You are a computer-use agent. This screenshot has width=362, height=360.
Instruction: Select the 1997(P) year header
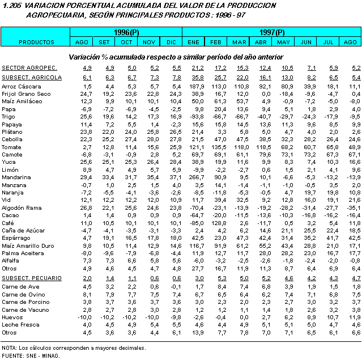tap(272, 33)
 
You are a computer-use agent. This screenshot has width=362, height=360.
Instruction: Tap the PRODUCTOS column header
tap(36, 43)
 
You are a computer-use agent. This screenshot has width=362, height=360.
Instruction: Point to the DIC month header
tap(171, 43)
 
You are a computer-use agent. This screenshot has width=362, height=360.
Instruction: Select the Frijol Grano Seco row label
tap(26, 93)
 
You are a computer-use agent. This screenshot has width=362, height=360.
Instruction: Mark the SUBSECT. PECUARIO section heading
tap(31, 278)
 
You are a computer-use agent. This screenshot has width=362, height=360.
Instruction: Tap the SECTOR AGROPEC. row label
tap(28, 68)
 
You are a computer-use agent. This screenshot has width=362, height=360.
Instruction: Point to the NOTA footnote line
tap(74, 348)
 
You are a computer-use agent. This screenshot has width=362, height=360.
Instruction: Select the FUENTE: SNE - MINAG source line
tap(31, 355)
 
